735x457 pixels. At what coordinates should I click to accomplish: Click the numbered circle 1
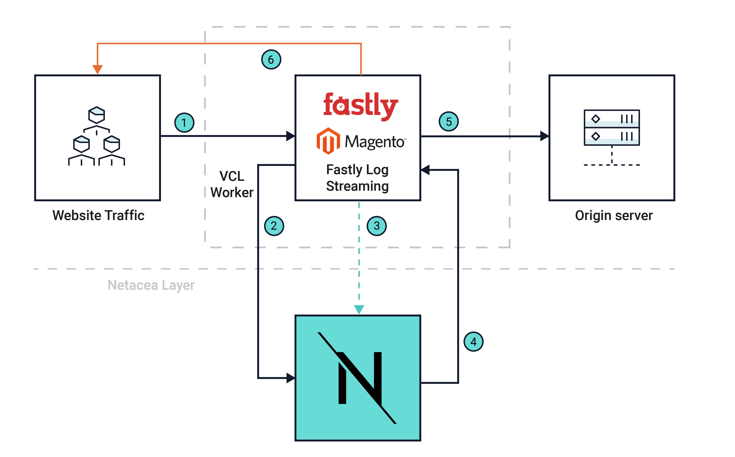tap(184, 123)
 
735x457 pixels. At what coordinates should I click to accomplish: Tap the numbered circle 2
tap(274, 226)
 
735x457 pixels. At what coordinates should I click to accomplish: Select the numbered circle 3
tap(377, 226)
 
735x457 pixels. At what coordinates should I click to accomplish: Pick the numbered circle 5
tap(449, 121)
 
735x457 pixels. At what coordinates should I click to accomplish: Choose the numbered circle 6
tap(271, 60)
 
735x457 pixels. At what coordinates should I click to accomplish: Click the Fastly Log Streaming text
tap(357, 178)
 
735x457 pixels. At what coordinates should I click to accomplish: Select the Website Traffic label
tap(98, 215)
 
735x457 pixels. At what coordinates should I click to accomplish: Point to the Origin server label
tap(614, 215)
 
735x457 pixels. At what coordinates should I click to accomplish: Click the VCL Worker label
tap(232, 184)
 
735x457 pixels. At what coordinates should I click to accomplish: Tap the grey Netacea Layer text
tap(151, 285)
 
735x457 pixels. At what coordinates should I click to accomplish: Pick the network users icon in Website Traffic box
tap(97, 136)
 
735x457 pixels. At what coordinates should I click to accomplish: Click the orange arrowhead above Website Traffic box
tap(97, 69)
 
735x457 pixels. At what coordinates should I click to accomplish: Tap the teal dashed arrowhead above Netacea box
tap(359, 309)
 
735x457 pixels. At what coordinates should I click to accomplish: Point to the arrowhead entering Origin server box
tap(544, 136)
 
